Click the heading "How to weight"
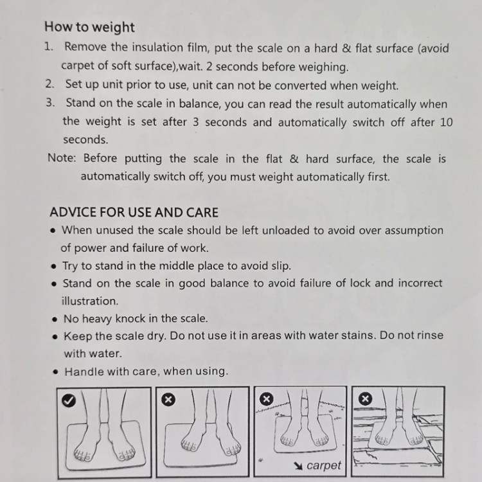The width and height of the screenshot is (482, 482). [x=89, y=27]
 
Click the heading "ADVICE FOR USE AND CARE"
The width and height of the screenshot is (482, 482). [x=134, y=213]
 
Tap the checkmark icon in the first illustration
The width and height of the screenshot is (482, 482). [x=69, y=400]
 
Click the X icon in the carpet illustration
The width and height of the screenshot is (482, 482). [x=267, y=399]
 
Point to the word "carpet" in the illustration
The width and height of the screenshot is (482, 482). [x=324, y=466]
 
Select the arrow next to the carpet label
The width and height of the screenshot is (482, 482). [x=298, y=466]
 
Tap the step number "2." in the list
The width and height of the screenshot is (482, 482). [x=49, y=84]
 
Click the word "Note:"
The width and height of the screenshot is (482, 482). [x=62, y=158]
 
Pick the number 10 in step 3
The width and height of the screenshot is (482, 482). [x=446, y=122]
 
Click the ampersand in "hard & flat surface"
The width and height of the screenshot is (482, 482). [x=346, y=48]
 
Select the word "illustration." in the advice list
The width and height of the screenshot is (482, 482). [x=90, y=301]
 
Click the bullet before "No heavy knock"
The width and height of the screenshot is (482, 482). [x=55, y=319]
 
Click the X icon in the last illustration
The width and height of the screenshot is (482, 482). [x=365, y=399]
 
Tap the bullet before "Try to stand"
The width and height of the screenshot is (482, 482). [x=54, y=266]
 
